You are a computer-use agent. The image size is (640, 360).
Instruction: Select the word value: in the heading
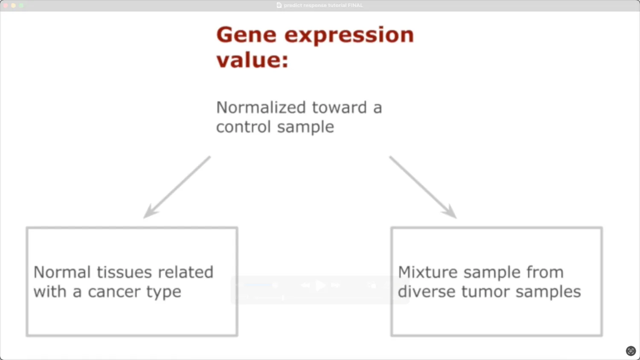(252, 60)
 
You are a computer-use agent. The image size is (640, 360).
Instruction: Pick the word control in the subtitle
(243, 127)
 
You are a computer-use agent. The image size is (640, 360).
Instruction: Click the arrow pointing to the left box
(177, 187)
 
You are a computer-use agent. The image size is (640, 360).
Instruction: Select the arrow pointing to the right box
(423, 187)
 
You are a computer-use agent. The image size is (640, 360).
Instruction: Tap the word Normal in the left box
(62, 272)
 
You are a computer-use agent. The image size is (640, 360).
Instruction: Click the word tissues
(124, 272)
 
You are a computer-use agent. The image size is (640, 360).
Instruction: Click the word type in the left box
(164, 293)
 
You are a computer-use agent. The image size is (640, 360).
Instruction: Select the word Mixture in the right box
(428, 272)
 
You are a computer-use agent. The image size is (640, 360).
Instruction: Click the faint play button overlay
(320, 285)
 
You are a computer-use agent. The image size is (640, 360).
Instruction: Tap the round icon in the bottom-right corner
(631, 351)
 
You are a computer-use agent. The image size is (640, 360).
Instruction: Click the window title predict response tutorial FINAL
(323, 5)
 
